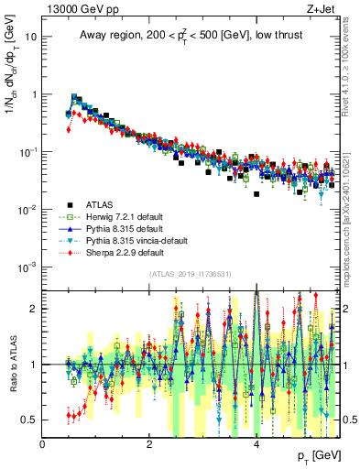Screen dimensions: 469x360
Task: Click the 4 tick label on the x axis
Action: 256,443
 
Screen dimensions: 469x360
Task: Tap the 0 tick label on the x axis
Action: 43,443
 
